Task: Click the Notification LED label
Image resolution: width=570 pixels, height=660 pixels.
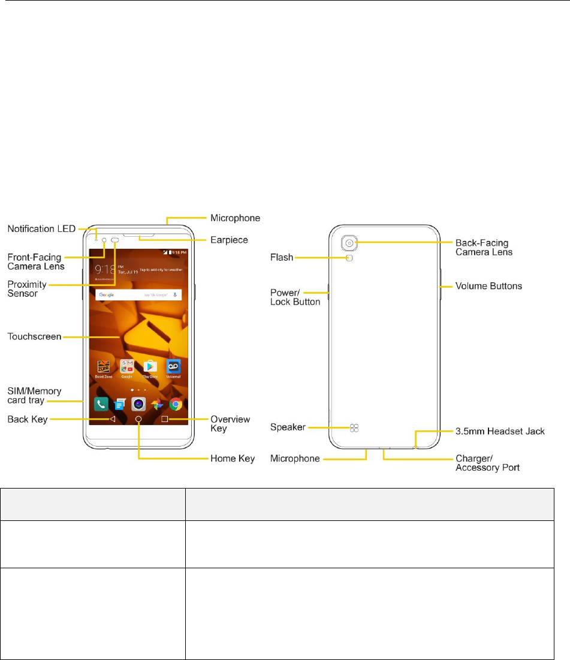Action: (41, 229)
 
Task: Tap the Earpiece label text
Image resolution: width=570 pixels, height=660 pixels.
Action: (228, 239)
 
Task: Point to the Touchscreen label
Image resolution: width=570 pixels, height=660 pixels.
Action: (34, 337)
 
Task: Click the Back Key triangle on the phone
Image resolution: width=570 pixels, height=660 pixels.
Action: (112, 419)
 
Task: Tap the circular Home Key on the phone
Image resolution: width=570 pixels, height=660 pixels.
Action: (138, 419)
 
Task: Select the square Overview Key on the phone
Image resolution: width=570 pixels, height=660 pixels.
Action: (164, 419)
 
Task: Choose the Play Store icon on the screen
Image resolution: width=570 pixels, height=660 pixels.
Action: (150, 366)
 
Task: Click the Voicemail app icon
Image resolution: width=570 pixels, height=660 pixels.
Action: (174, 366)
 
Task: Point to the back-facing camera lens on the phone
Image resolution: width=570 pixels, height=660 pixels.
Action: (351, 243)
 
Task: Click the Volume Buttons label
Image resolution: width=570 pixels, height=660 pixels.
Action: (488, 286)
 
